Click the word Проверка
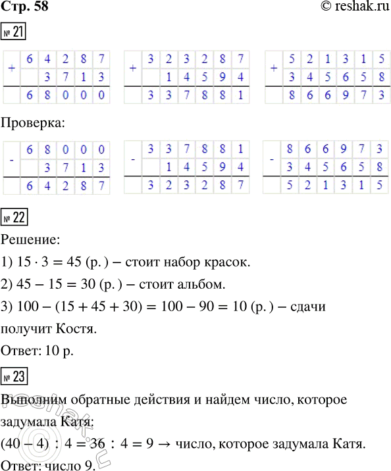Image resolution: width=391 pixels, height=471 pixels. pyautogui.click(x=33, y=123)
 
